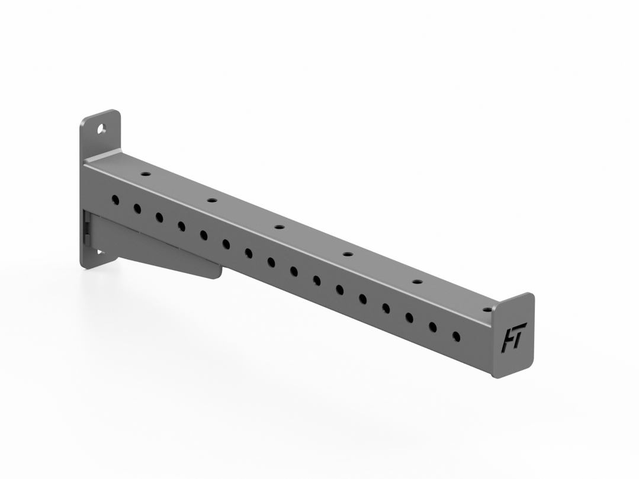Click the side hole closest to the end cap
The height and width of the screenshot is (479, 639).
(x=456, y=336)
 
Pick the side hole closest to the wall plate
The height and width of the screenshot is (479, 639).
(x=115, y=200)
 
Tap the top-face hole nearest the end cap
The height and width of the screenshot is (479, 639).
(x=487, y=310)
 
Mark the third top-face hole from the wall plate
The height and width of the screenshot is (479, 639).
(x=278, y=227)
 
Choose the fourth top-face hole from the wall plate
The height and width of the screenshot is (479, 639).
(x=347, y=254)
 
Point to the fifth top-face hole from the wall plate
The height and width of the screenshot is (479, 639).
(x=416, y=282)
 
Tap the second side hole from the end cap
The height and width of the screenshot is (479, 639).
(x=433, y=327)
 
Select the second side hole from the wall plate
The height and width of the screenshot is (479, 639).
(x=137, y=208)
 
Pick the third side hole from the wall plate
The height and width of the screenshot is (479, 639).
(x=159, y=217)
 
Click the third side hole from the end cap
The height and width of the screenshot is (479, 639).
(x=409, y=317)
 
